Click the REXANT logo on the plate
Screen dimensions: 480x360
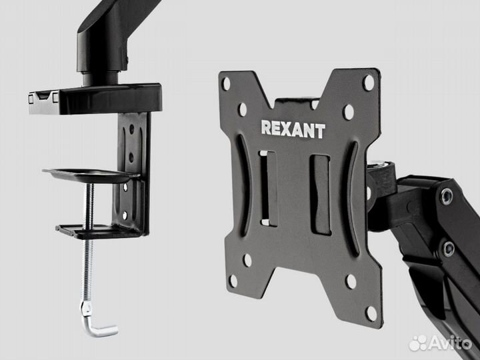(x=293, y=129)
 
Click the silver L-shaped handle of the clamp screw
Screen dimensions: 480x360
(x=97, y=321)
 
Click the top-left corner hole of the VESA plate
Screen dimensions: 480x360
(x=226, y=84)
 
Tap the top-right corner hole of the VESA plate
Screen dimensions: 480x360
(x=368, y=83)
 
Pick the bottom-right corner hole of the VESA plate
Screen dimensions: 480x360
(x=371, y=314)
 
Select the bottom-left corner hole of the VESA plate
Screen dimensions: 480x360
(x=233, y=281)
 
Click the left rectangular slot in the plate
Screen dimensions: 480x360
(x=268, y=188)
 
